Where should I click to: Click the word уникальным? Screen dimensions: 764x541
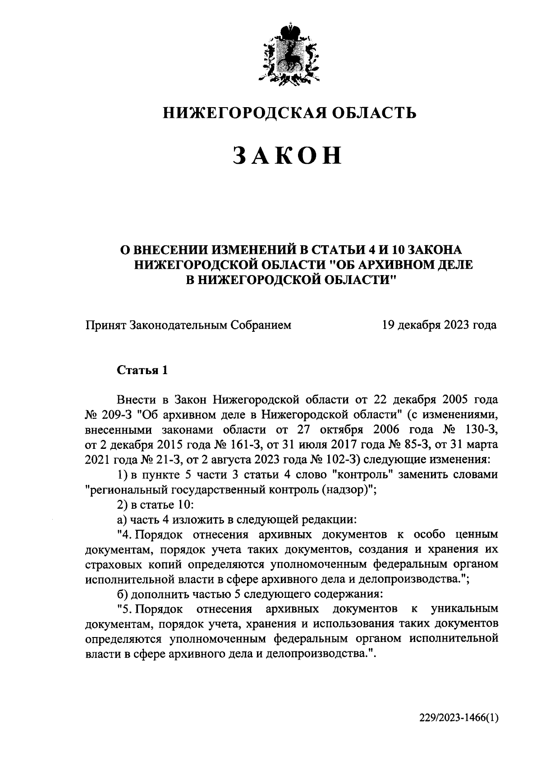click(x=465, y=609)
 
